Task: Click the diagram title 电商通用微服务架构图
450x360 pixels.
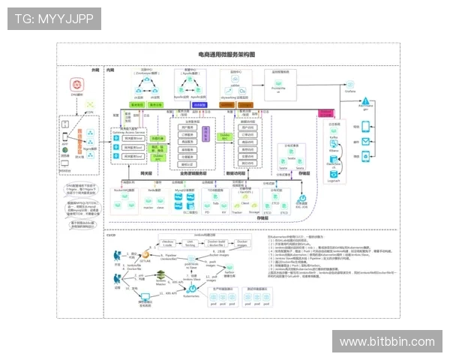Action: tap(226, 54)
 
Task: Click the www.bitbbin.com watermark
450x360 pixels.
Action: tap(386, 342)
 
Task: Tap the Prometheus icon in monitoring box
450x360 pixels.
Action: tap(278, 83)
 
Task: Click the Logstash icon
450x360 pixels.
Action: tap(334, 173)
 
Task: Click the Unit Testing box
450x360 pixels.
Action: tap(190, 244)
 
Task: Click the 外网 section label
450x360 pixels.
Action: tap(95, 68)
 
